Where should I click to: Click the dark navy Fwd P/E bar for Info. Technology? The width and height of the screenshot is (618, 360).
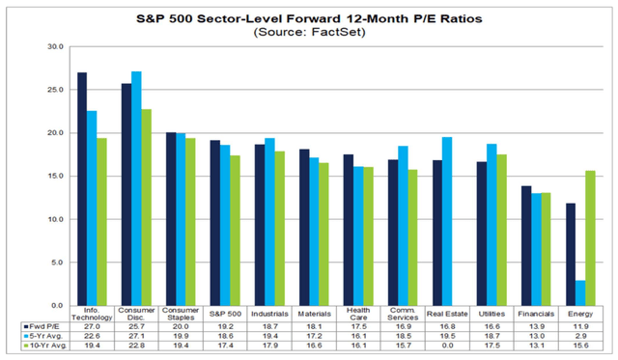coord(82,189)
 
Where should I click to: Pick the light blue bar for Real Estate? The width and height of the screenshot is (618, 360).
coord(447,221)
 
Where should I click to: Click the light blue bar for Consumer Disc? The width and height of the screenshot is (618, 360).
coord(135,188)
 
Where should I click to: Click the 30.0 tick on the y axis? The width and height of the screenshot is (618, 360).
coord(56,46)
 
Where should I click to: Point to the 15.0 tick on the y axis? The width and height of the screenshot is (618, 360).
coord(56,176)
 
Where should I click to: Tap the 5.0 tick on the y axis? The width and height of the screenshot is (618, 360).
coord(56,263)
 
